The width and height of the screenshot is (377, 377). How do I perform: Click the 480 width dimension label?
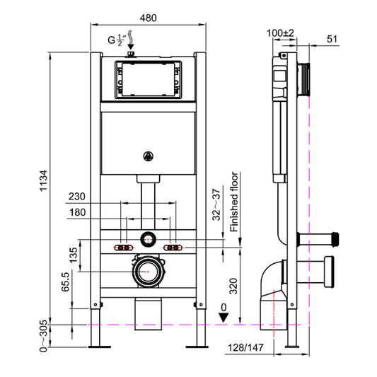pyautogui.click(x=149, y=17)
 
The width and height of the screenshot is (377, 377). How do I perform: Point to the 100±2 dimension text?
pyautogui.click(x=280, y=33)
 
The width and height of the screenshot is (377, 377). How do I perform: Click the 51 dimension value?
pyautogui.click(x=333, y=40)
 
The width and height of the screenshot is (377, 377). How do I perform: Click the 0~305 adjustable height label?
pyautogui.click(x=44, y=334)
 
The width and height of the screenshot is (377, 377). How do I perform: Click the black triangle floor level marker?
pyautogui.click(x=225, y=318)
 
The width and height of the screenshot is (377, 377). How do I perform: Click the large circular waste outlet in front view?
pyautogui.click(x=149, y=270)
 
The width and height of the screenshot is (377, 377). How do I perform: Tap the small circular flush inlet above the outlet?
pyautogui.click(x=149, y=238)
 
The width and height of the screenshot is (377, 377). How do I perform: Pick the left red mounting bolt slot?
pyautogui.click(x=123, y=248)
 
